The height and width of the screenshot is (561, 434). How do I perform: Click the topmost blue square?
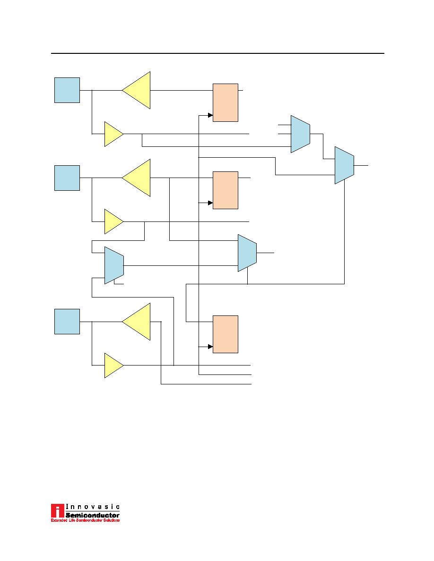pyautogui.click(x=67, y=90)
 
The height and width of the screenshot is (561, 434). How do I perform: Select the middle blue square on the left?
pyautogui.click(x=67, y=178)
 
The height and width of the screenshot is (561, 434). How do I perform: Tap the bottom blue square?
pyautogui.click(x=67, y=322)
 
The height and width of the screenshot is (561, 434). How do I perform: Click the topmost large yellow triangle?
pyautogui.click(x=136, y=90)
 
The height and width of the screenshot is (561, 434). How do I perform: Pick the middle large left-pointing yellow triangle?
pyautogui.click(x=136, y=178)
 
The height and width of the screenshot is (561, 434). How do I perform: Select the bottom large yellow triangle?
pyautogui.click(x=136, y=322)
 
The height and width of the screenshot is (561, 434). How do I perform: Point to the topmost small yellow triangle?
pyautogui.click(x=114, y=134)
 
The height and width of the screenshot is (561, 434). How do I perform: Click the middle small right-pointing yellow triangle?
pyautogui.click(x=114, y=222)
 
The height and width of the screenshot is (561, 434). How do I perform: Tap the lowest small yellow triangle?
pyautogui.click(x=114, y=365)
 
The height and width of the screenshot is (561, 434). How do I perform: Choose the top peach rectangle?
pyautogui.click(x=226, y=102)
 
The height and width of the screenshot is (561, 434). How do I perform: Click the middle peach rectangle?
pyautogui.click(x=226, y=190)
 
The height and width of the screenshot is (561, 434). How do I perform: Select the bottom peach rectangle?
pyautogui.click(x=226, y=334)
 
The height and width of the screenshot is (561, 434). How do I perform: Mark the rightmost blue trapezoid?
pyautogui.click(x=345, y=165)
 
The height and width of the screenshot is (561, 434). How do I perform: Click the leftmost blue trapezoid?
pyautogui.click(x=114, y=265)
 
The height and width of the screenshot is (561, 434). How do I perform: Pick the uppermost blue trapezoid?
pyautogui.click(x=300, y=134)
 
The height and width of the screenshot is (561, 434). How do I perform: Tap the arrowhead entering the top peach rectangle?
pyautogui.click(x=210, y=115)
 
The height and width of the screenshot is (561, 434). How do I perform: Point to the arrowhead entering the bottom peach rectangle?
pyautogui.click(x=210, y=347)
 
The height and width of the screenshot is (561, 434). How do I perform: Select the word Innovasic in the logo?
pyautogui.click(x=93, y=507)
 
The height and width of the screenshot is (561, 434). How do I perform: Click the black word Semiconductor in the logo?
pyautogui.click(x=92, y=515)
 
